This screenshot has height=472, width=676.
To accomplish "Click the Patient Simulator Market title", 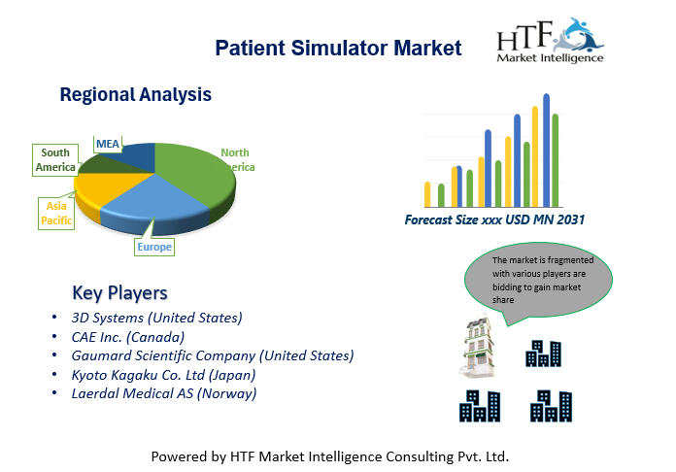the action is click(338, 48).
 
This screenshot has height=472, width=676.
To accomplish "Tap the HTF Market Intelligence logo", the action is click(551, 41).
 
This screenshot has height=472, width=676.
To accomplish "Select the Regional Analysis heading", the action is click(135, 95).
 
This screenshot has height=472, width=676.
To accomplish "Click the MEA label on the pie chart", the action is click(108, 144).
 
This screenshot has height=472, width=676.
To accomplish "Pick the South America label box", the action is click(55, 160).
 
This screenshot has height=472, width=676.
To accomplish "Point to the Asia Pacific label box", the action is click(56, 214).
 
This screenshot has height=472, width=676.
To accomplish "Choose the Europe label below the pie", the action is click(154, 247).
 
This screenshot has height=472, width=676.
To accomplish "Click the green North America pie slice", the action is click(194, 173).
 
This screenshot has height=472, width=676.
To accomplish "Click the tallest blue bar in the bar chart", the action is click(546, 151).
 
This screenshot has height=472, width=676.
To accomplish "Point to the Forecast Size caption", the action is click(494, 219).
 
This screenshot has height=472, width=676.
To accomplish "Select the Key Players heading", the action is click(119, 293).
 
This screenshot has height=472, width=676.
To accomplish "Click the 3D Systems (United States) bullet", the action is click(156, 318).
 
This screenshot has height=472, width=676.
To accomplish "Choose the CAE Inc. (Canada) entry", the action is click(127, 337).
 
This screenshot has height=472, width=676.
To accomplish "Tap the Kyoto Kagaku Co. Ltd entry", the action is click(163, 375).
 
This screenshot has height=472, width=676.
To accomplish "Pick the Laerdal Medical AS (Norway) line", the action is click(164, 393).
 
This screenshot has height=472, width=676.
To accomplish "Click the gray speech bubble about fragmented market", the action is click(538, 280).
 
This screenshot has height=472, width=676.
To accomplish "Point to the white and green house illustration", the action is click(478, 348).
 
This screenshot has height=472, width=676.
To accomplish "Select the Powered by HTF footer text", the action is click(330, 456).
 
